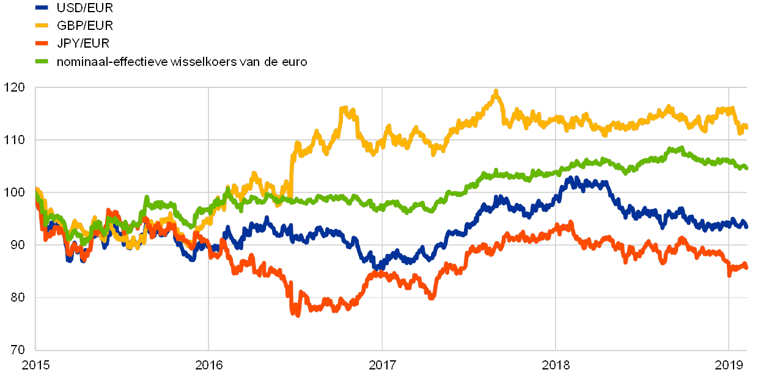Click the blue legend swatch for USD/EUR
point(42,8)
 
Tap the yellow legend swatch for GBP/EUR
point(42,26)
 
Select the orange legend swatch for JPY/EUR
point(42,43)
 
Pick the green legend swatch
point(42,61)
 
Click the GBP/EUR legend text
point(84,26)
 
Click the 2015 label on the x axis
point(35,365)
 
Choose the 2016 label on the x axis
point(208,365)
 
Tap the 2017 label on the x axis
point(382,365)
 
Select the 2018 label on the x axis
point(556,365)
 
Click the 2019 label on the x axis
point(729,365)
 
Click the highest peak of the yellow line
point(496,92)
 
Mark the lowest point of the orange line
point(298,314)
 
